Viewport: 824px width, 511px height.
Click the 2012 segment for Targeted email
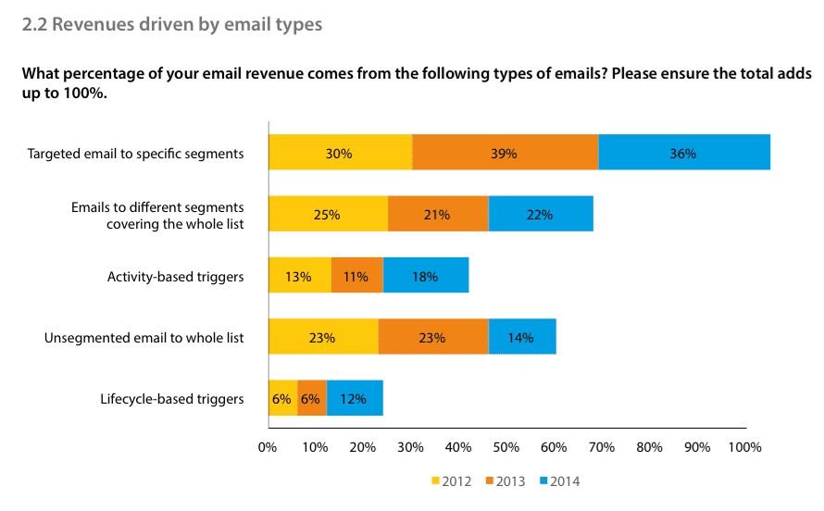point(340,153)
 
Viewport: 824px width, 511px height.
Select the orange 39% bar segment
point(505,153)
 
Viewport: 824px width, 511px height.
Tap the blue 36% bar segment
point(683,153)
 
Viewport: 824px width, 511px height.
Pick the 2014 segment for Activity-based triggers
point(425,276)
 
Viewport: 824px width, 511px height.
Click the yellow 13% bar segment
point(299,276)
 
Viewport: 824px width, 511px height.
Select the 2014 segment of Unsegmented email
point(521,337)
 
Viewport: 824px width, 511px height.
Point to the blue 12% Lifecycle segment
point(354,399)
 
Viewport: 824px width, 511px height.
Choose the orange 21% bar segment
point(437,214)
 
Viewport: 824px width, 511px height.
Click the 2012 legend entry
point(452,481)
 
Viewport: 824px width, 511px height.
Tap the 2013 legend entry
point(506,481)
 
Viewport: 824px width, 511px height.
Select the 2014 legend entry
point(559,481)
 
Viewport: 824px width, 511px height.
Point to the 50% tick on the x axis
point(506,447)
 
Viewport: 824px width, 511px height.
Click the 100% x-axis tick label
point(744,447)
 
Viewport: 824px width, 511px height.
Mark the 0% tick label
point(268,447)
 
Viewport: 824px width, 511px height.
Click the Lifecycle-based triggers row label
point(171,399)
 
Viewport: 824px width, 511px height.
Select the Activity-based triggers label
point(176,276)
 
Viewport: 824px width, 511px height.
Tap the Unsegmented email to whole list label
point(144,337)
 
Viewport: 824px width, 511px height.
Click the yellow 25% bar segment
point(327,214)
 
